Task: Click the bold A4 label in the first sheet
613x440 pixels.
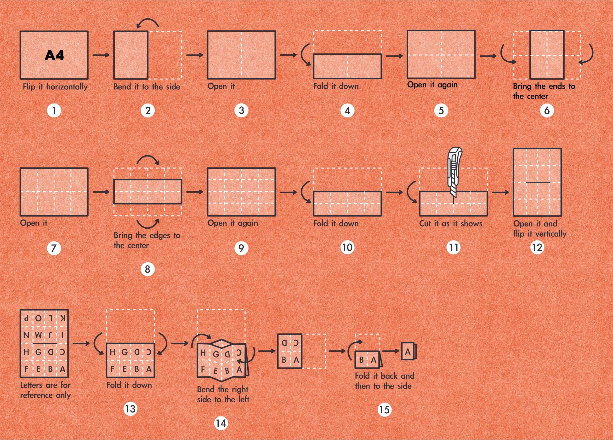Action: (54, 55)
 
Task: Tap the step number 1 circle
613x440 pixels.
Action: (54, 111)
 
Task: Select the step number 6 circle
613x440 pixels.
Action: (547, 111)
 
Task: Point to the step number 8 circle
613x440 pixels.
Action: (148, 269)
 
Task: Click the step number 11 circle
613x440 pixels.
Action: (454, 248)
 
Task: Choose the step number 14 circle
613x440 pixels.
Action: (221, 423)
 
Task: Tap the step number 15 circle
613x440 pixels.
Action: (384, 410)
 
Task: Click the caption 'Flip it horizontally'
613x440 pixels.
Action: (55, 87)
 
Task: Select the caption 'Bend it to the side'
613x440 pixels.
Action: (147, 87)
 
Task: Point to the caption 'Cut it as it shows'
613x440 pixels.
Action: (451, 224)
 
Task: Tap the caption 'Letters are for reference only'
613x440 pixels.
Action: (45, 390)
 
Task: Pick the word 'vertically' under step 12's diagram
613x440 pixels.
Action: (551, 234)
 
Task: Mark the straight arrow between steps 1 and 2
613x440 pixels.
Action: (101, 55)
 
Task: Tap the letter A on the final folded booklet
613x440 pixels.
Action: (408, 352)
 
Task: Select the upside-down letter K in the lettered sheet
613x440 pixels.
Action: (62, 318)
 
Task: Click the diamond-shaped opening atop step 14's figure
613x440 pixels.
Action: (221, 343)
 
